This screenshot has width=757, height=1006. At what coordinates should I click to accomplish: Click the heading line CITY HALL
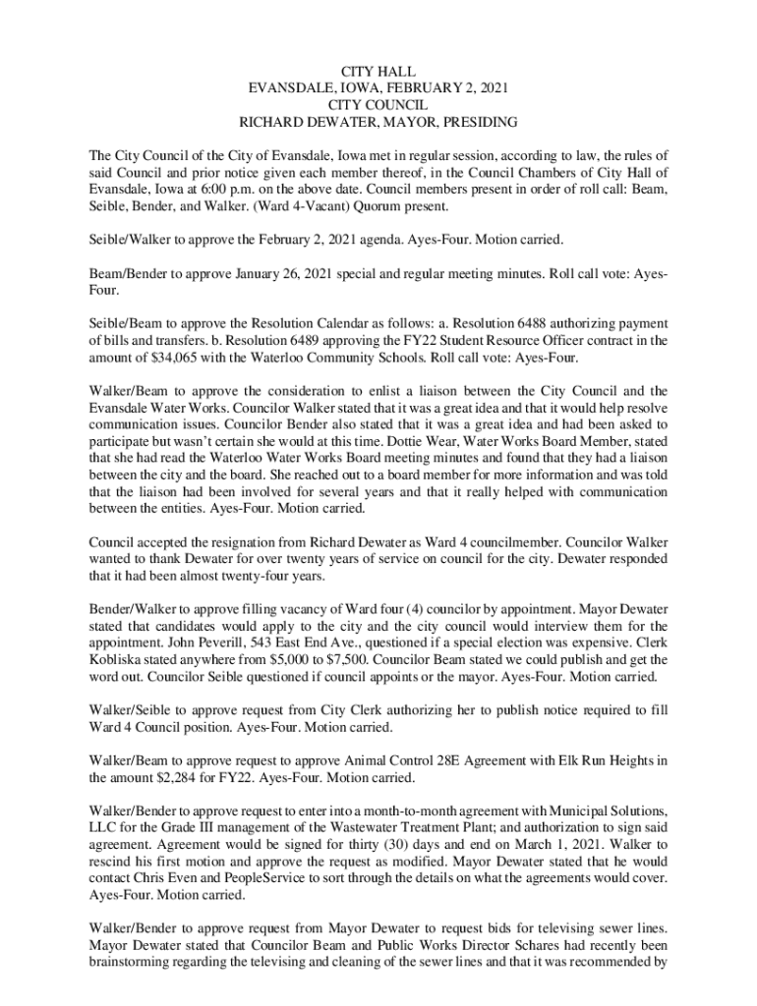pos(378,72)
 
